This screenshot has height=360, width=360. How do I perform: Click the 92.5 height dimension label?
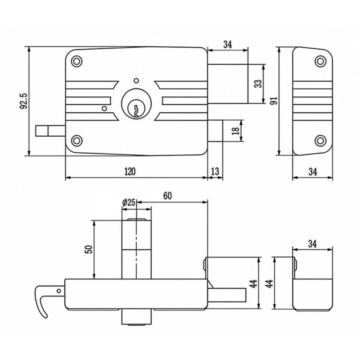24,101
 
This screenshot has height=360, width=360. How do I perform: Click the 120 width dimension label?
130,172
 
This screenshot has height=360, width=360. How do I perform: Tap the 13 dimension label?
215,171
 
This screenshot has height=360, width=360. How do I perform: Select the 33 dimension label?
258,84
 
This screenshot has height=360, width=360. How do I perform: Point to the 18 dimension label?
236,130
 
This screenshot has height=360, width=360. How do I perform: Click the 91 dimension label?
274,100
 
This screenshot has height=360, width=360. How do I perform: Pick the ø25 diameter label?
129,202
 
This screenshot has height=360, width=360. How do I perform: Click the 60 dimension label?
168,196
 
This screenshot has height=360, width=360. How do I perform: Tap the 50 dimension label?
89,249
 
